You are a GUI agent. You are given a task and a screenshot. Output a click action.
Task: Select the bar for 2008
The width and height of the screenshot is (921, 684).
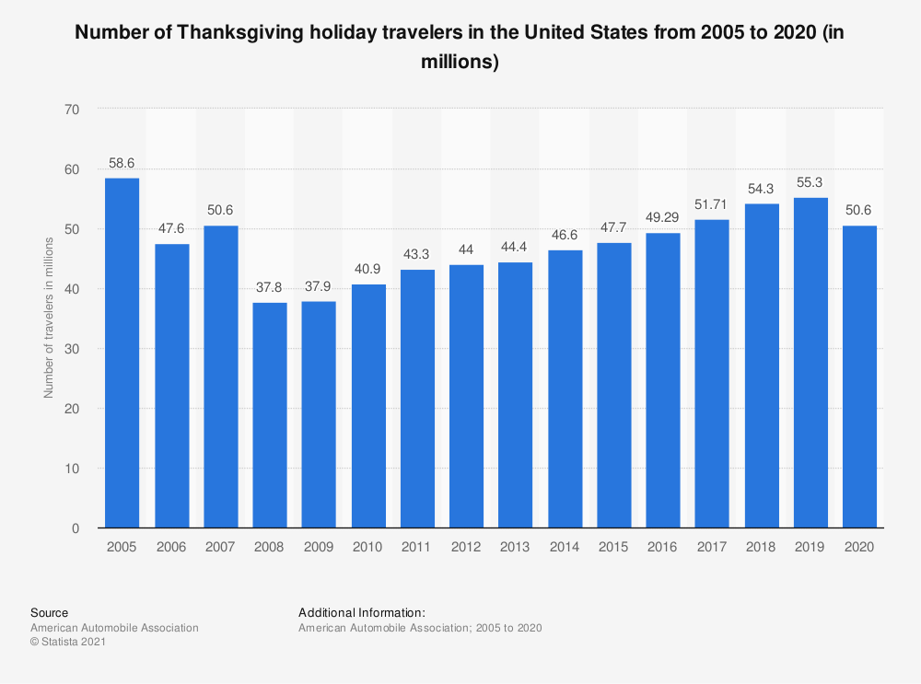pos(270,415)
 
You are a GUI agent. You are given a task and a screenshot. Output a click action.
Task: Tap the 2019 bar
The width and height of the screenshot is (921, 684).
pos(810,363)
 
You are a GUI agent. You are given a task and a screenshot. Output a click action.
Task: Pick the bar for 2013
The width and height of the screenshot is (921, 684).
pos(515,395)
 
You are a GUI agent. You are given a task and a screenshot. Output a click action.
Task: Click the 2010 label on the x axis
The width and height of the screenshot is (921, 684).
pos(367,547)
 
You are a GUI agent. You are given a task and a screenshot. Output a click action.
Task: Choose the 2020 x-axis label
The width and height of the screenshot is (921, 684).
pos(859,547)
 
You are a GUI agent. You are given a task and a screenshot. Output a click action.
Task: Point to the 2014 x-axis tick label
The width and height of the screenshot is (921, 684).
pos(565,547)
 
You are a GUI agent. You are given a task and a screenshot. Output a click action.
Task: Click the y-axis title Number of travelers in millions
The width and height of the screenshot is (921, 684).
pos(49,318)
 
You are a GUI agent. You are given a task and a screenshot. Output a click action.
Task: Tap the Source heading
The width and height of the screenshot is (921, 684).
pos(49,612)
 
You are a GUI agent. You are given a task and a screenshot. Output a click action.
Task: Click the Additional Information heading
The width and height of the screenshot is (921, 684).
pos(362,612)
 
